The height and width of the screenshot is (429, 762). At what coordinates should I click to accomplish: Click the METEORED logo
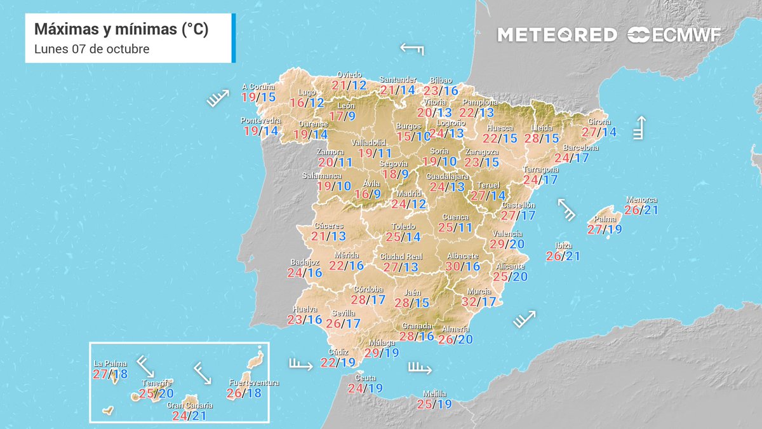[x=557, y=35]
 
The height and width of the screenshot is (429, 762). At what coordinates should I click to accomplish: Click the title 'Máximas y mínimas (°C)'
[x=121, y=29]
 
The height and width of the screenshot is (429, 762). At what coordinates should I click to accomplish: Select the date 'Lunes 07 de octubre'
[x=91, y=49]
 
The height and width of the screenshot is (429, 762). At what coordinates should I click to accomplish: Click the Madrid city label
[x=409, y=194]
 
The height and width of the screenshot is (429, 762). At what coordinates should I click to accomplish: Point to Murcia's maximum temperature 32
[x=469, y=302]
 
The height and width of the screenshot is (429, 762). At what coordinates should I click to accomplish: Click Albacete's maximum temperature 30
[x=454, y=266]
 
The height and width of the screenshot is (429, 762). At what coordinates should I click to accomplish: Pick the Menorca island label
[x=641, y=200]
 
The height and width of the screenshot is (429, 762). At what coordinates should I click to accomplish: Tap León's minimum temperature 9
[x=351, y=116]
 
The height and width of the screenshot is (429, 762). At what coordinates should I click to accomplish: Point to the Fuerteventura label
[x=253, y=383]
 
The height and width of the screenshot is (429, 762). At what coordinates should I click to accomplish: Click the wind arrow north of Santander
[x=412, y=49]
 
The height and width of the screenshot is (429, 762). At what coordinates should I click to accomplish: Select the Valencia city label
[x=507, y=233]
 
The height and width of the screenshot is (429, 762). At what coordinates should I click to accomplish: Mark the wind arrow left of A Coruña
[x=217, y=98]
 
